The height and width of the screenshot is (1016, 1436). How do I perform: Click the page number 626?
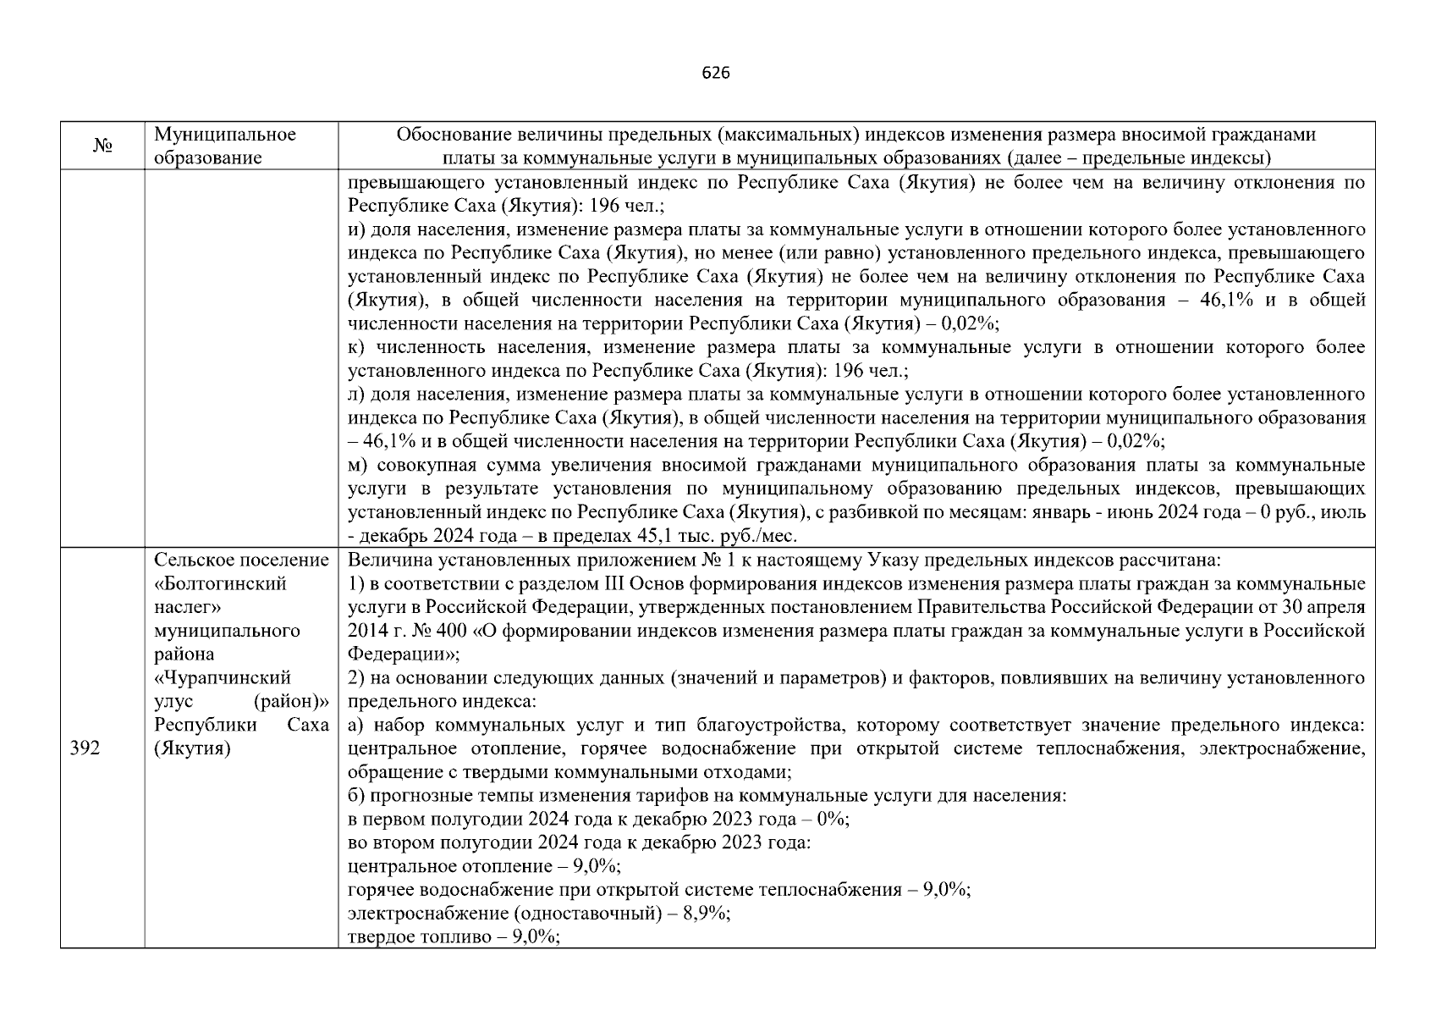[x=716, y=73]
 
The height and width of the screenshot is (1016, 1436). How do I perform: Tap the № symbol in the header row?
[x=102, y=146]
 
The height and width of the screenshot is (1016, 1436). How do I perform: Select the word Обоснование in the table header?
[x=447, y=135]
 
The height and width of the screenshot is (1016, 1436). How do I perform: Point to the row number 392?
[x=85, y=748]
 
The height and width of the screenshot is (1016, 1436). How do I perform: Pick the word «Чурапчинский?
[x=223, y=677]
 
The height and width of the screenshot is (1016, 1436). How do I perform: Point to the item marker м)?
[x=359, y=465]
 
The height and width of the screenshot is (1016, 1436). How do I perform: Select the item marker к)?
[x=358, y=347]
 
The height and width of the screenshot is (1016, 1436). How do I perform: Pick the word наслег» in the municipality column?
[x=187, y=607]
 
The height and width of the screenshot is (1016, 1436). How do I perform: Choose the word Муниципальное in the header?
[x=225, y=135]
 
